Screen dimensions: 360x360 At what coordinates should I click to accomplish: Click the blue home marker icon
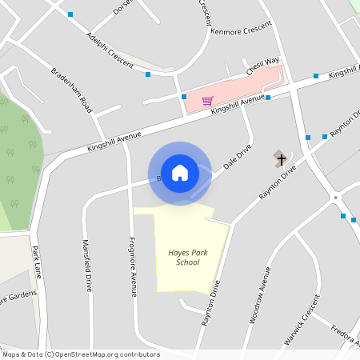point(179,172)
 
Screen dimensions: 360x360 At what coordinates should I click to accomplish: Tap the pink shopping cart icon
point(208,101)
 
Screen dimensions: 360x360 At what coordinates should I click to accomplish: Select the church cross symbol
point(281,158)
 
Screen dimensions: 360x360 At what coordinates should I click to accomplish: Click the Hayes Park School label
point(183,257)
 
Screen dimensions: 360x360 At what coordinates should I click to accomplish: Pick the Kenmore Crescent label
point(241,28)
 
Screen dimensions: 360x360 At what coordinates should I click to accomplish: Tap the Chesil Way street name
point(262,66)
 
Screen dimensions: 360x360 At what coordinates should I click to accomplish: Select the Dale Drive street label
point(238,157)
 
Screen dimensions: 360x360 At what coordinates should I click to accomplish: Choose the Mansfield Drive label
point(88,266)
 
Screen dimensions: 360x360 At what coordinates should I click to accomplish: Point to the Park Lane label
point(36,262)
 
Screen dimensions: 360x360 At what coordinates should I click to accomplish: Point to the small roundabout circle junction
point(336,197)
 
